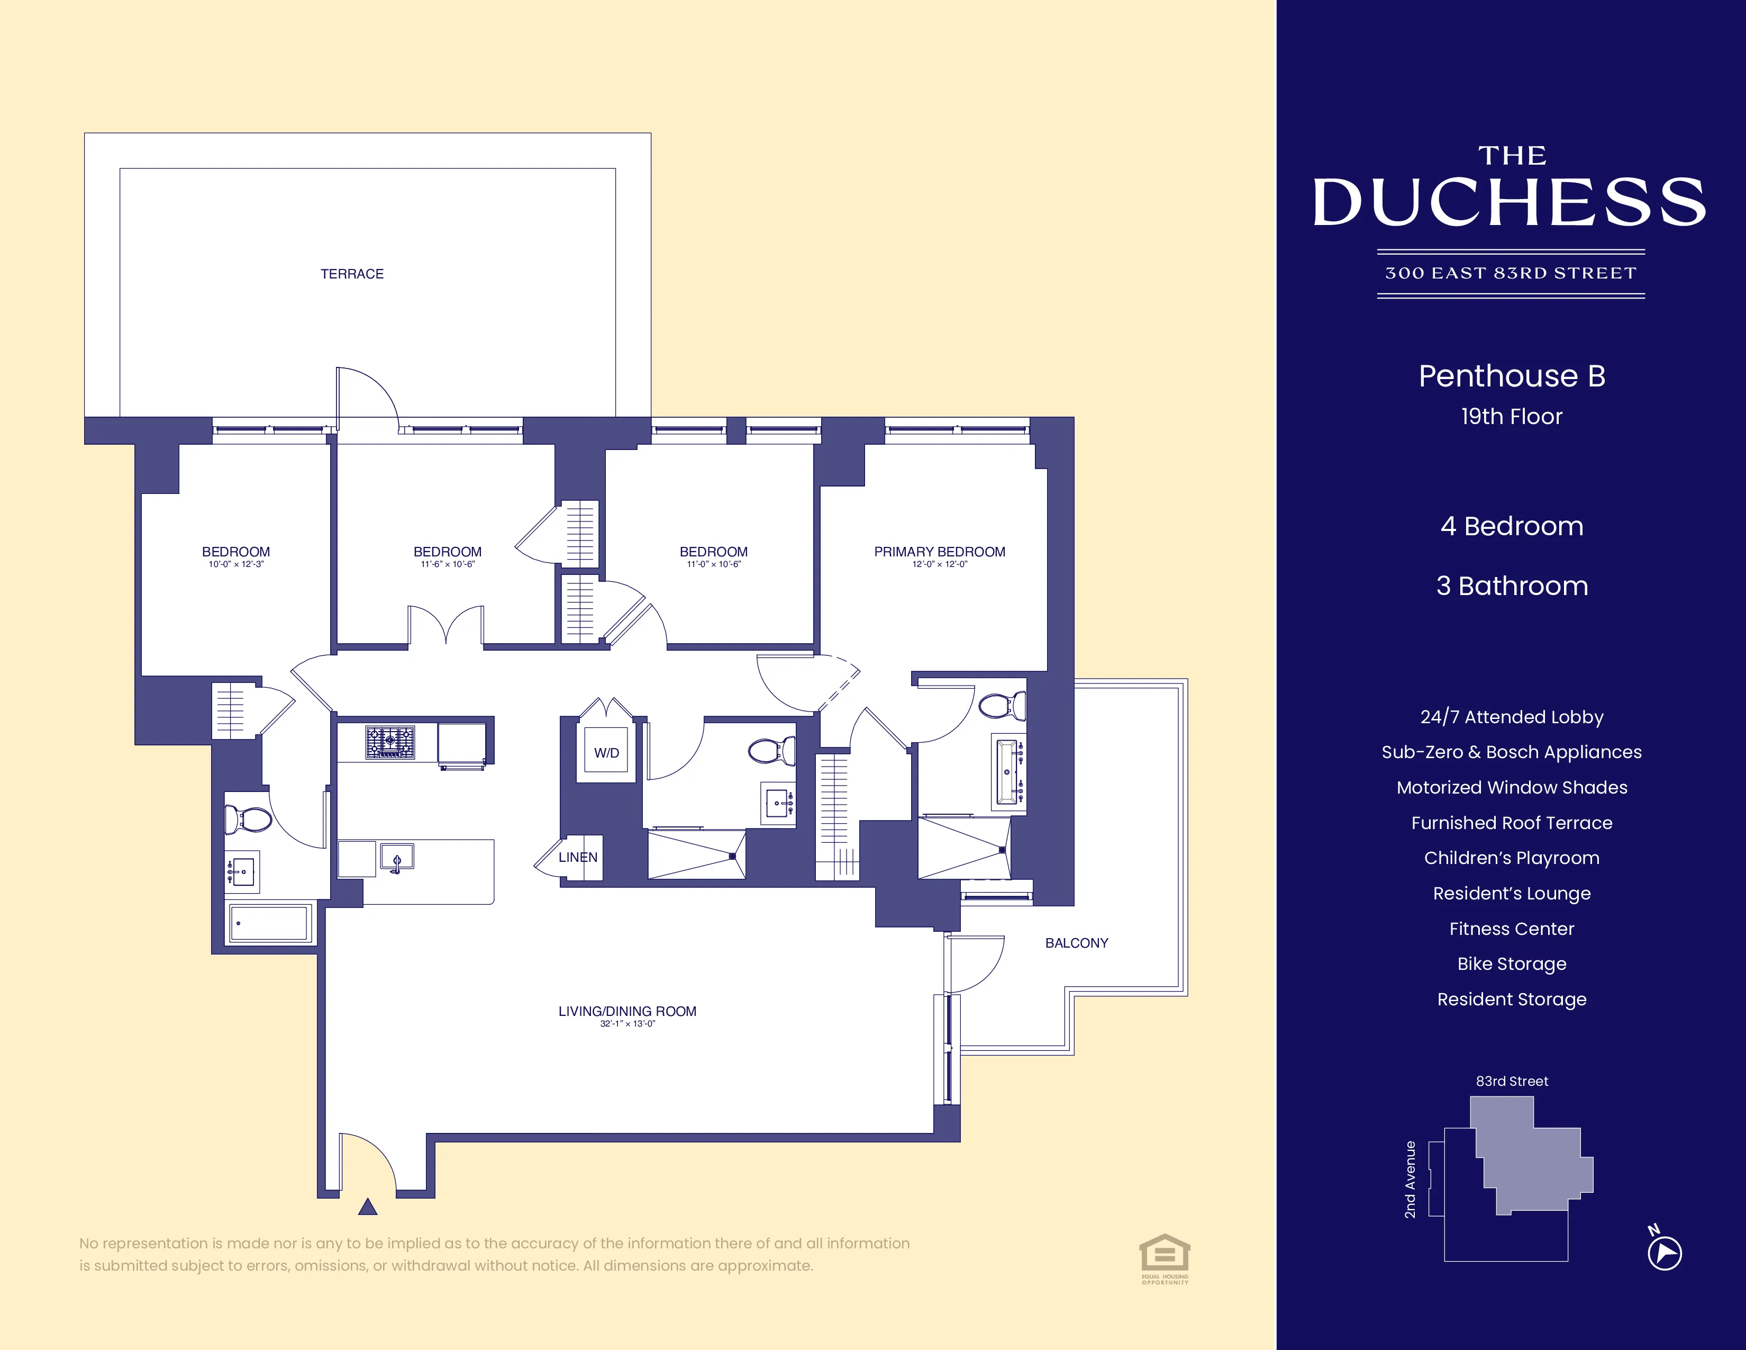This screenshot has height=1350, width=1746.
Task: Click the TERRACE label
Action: coord(352,274)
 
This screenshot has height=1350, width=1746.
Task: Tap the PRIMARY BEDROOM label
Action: coord(939,552)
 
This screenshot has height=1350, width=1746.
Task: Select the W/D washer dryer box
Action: coord(606,752)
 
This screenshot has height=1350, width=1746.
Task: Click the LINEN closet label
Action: coord(578,857)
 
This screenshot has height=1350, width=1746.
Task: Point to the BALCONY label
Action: coord(1076,943)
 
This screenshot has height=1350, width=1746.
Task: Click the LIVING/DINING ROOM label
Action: coord(627,1011)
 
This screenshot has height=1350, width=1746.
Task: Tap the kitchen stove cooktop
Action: coord(390,741)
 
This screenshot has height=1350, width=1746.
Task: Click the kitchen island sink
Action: coord(396,857)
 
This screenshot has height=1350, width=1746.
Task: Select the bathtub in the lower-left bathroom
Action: coord(269,923)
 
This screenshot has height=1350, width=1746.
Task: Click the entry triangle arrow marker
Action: coord(368,1207)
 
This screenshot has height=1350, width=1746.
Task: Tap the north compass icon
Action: coord(1665,1252)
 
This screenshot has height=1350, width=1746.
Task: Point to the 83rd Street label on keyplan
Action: coord(1512,1081)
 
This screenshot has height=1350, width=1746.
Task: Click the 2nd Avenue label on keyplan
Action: coord(1410,1180)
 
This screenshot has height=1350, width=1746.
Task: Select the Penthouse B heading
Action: coord(1512,376)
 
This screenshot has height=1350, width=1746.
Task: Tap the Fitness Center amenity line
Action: coord(1512,929)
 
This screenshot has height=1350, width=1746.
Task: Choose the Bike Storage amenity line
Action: coord(1512,964)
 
